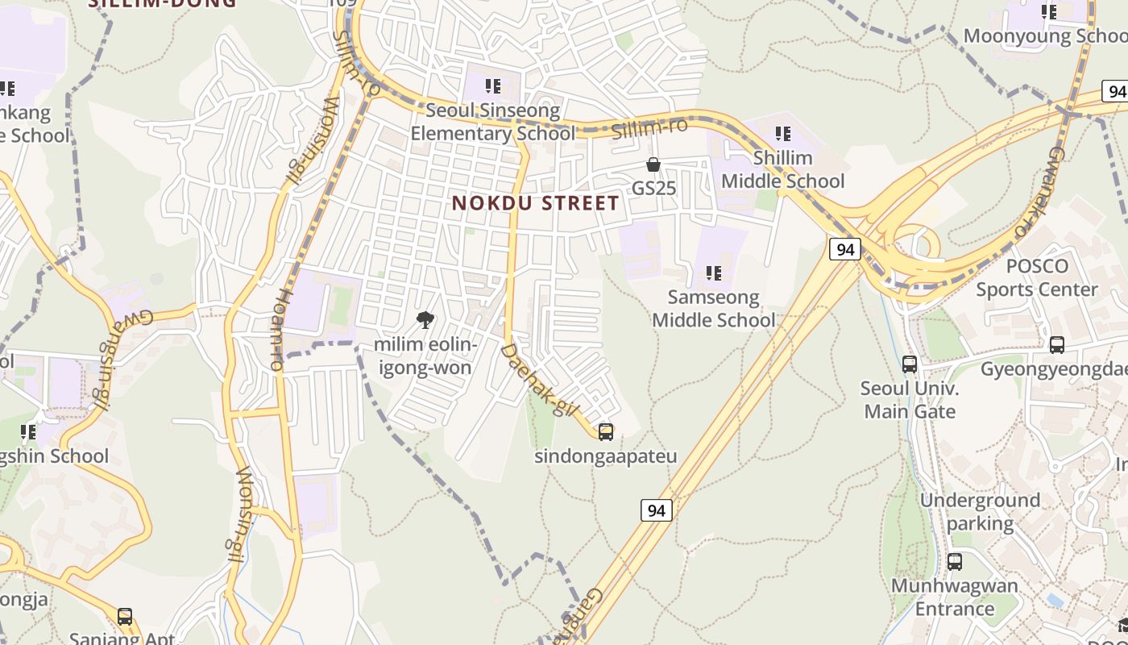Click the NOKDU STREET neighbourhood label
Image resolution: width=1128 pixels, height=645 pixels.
tap(536, 203)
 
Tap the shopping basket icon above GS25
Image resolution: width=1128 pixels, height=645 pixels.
tap(653, 164)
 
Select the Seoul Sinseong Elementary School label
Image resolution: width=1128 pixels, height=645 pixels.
tap(492, 122)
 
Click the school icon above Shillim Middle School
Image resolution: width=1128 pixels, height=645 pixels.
tap(782, 133)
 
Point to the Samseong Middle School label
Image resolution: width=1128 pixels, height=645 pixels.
tap(713, 309)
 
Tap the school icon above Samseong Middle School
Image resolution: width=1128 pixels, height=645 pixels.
tap(713, 273)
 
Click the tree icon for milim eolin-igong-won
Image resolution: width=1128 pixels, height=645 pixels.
tap(425, 321)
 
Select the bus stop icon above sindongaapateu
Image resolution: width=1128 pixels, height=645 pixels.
tap(606, 432)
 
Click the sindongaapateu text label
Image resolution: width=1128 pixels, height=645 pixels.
tap(606, 456)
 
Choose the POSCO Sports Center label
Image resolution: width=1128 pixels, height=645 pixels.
tap(1037, 278)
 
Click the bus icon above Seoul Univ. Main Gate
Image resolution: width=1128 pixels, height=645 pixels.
tap(910, 364)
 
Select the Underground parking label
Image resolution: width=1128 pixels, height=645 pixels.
tap(980, 512)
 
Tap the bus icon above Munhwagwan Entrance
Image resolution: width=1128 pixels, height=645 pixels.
tap(955, 562)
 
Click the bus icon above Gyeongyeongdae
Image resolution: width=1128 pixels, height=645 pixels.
tap(1057, 345)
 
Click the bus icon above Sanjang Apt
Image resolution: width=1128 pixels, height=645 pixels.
tap(125, 617)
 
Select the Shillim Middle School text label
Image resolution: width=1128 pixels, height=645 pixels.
tap(782, 169)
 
